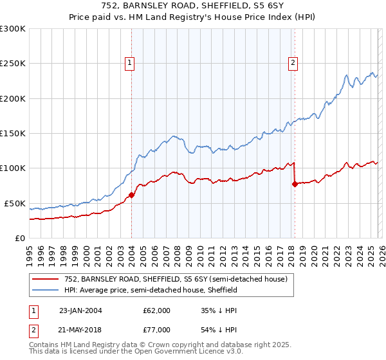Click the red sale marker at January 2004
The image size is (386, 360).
[132, 195]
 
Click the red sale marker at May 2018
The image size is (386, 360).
[295, 184]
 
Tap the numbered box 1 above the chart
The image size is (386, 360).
[130, 63]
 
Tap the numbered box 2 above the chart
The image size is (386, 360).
[293, 63]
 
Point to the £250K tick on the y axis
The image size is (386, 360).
[13, 64]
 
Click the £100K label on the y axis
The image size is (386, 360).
[13, 168]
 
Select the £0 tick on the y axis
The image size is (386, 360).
[19, 238]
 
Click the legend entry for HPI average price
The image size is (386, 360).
[151, 290]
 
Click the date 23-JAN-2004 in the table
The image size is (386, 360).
[80, 310]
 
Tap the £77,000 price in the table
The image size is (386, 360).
[157, 329]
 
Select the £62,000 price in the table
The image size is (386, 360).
[157, 310]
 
